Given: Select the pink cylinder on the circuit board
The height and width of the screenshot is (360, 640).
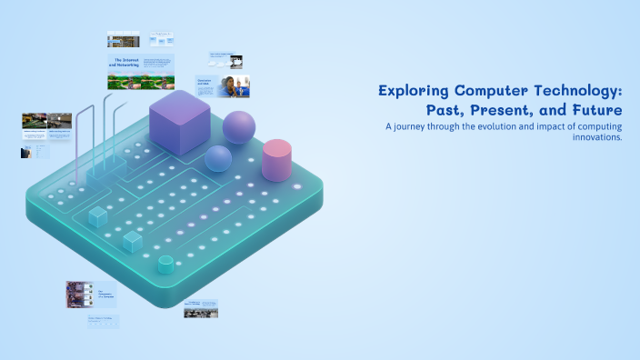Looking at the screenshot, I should [276, 160].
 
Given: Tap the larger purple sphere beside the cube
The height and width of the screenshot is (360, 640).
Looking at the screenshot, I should [239, 127].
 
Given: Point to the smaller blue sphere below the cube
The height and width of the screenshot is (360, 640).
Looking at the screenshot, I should [218, 158].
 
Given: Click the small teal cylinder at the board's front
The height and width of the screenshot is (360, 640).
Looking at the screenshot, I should [165, 265].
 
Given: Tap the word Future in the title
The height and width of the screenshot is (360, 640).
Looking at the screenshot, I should [594, 109].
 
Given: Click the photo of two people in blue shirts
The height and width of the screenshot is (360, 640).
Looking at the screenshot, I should [235, 86].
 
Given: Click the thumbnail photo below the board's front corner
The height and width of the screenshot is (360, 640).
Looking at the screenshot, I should [201, 312].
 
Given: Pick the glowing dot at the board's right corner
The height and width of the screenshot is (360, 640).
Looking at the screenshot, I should [297, 187].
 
